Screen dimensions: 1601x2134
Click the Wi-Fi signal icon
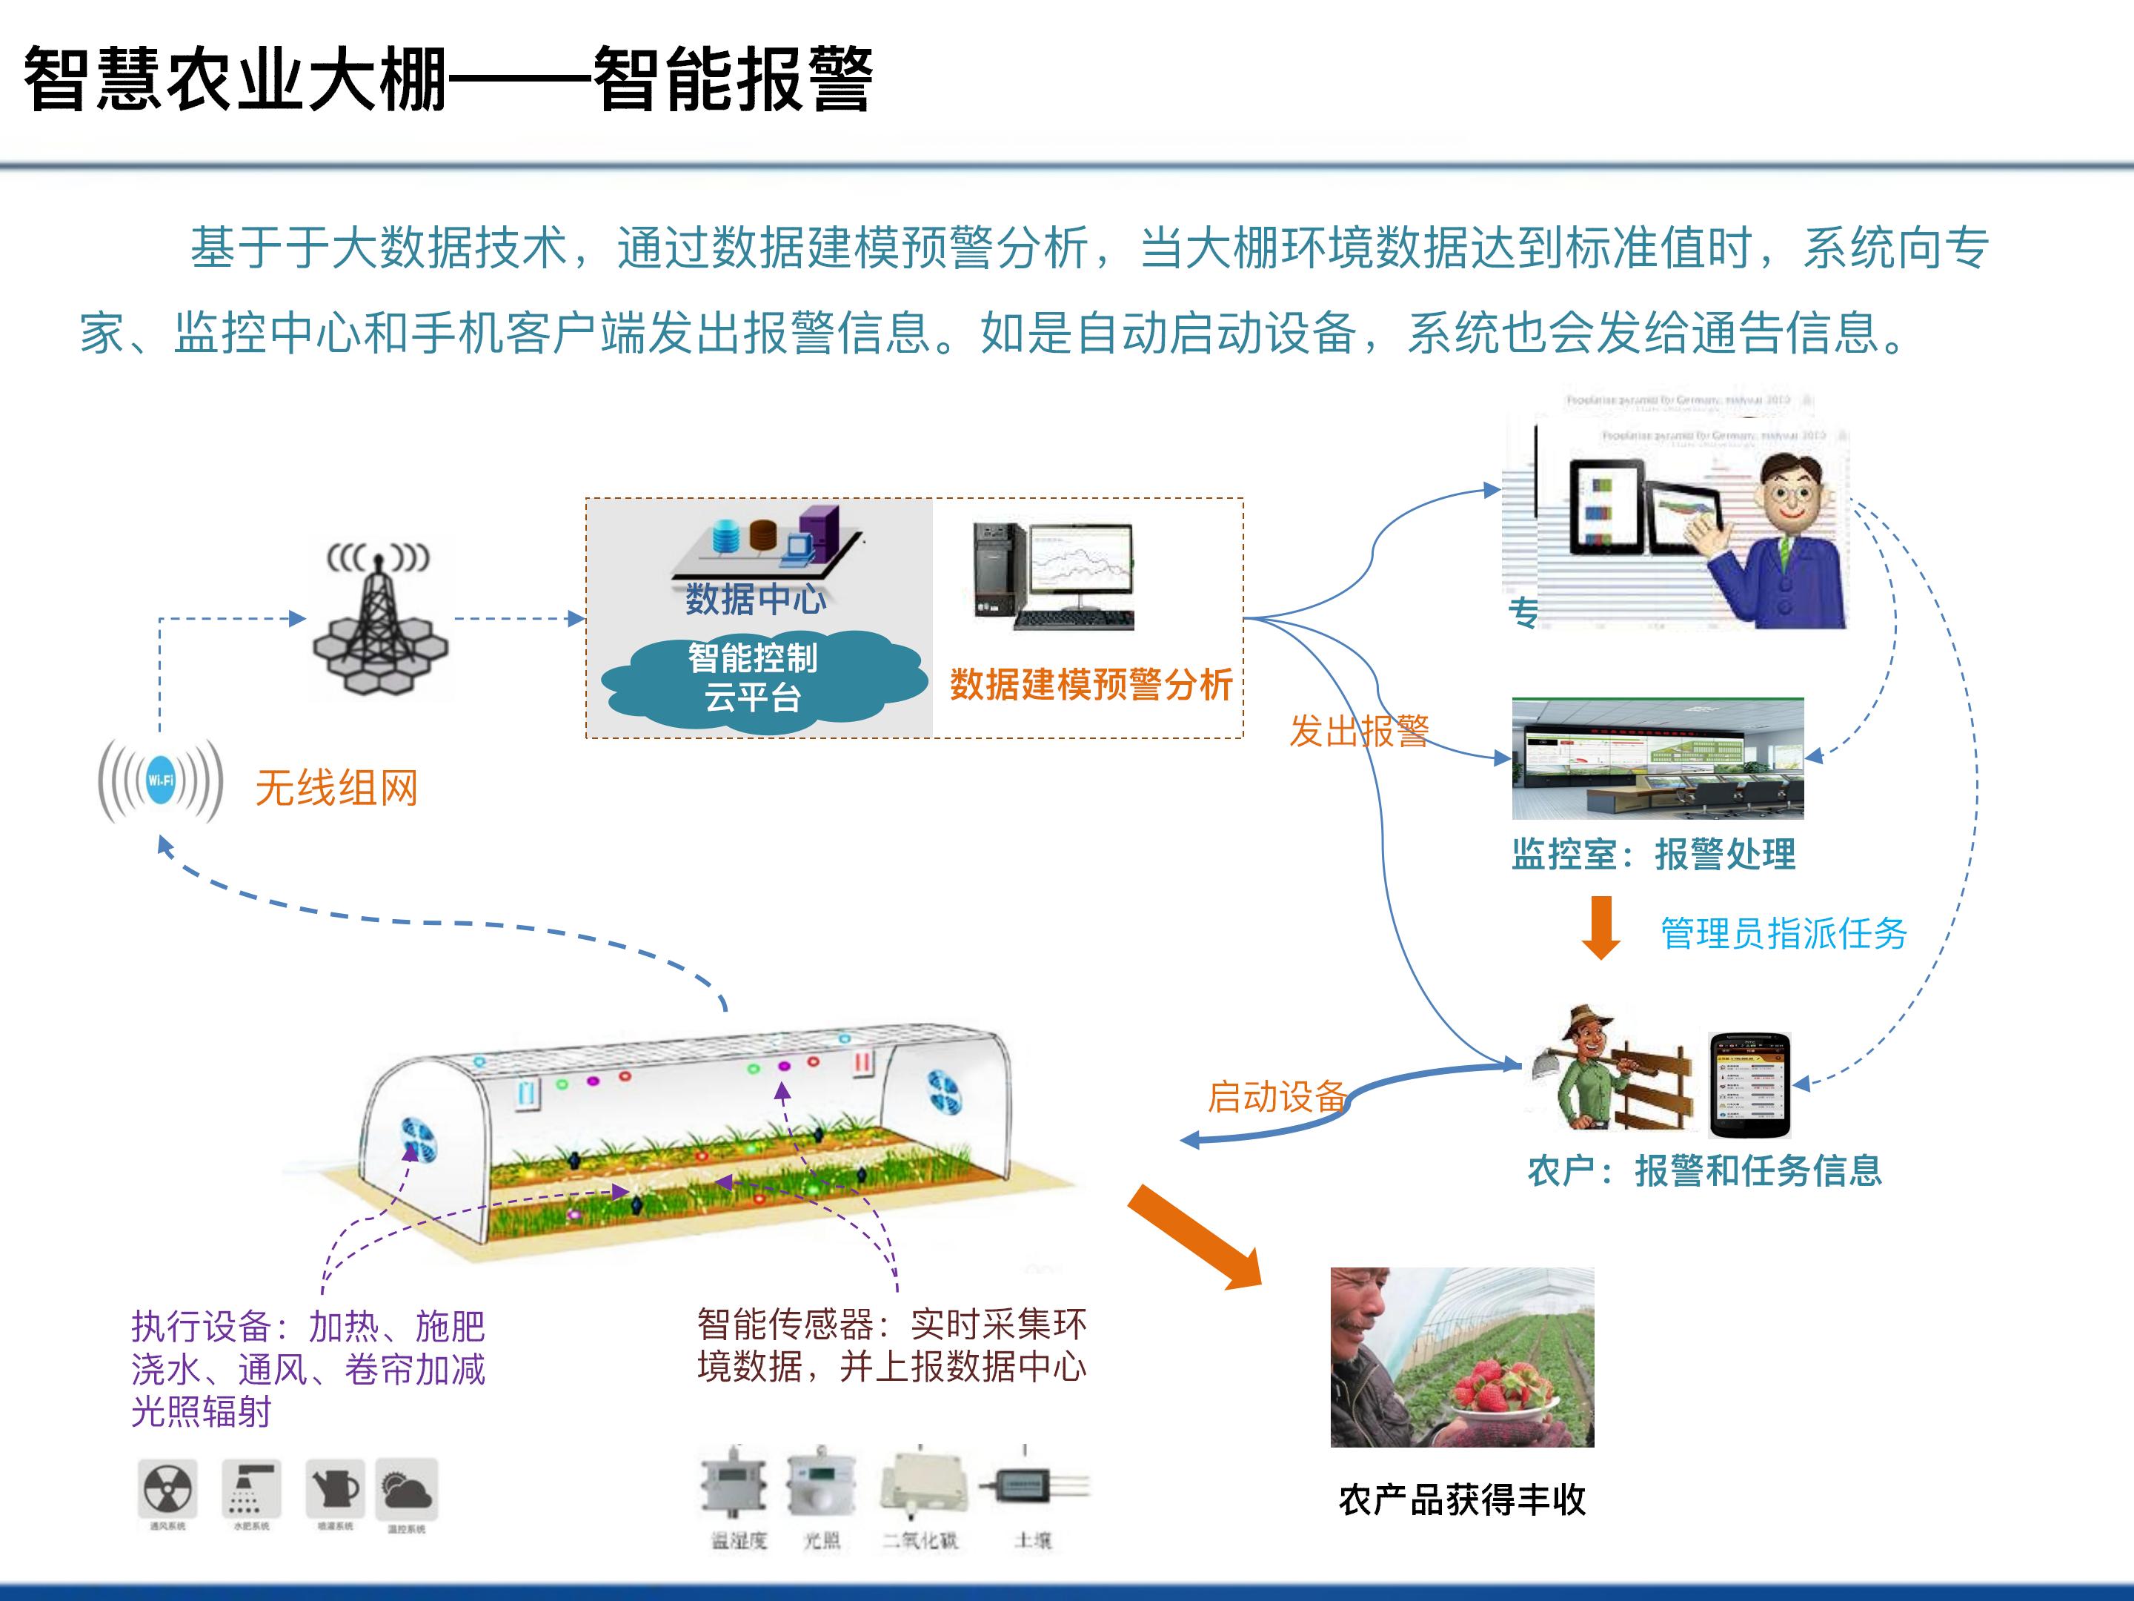pyautogui.click(x=161, y=780)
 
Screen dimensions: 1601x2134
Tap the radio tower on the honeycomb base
pyautogui.click(x=379, y=617)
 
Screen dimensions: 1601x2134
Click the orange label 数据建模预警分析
pyautogui.click(x=1091, y=684)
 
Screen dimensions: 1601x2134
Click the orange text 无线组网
pyautogui.click(x=336, y=789)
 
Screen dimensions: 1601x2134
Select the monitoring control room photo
pyautogui.click(x=1657, y=758)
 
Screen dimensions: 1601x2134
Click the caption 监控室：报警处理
pyautogui.click(x=1652, y=854)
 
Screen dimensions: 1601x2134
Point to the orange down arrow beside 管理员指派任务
pyautogui.click(x=1601, y=927)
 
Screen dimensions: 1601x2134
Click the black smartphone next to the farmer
pyautogui.click(x=1749, y=1084)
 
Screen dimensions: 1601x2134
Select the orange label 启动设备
pyautogui.click(x=1277, y=1096)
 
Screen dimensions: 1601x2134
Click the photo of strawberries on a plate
pyautogui.click(x=1462, y=1358)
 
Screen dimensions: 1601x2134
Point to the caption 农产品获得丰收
pyautogui.click(x=1462, y=1499)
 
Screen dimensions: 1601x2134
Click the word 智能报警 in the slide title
pyautogui.click(x=734, y=80)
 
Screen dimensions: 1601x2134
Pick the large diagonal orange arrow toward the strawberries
pyautogui.click(x=1194, y=1236)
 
